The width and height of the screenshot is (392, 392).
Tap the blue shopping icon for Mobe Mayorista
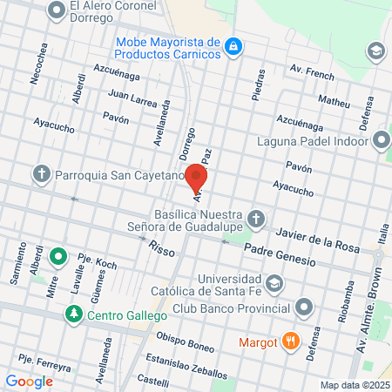pos(233,47)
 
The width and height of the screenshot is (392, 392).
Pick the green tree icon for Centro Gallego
pos(75,314)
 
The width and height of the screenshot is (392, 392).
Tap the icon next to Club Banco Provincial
pos(304,307)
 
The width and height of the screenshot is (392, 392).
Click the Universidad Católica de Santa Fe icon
pos(274,283)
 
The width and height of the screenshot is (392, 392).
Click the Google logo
pos(29,381)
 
